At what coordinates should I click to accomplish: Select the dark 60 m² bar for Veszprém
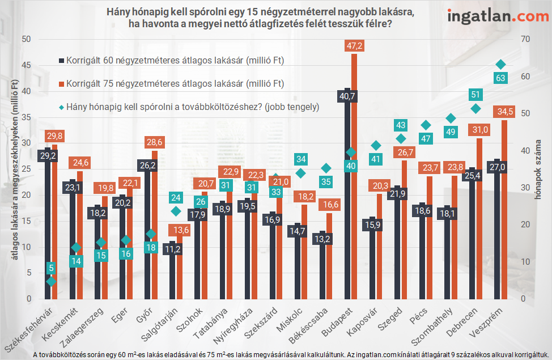pos(498,238)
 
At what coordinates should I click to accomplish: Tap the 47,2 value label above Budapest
pos(354,45)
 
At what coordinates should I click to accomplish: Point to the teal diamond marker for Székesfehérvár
pos(52,281)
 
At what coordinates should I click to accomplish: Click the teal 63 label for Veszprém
pos(500,78)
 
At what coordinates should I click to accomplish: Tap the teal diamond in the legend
pos(61,106)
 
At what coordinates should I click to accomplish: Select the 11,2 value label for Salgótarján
pos(173,248)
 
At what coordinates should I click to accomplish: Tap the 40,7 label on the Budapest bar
pos(347,96)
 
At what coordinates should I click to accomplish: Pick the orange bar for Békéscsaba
pos(329,255)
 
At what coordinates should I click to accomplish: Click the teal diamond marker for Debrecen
pos(476,109)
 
